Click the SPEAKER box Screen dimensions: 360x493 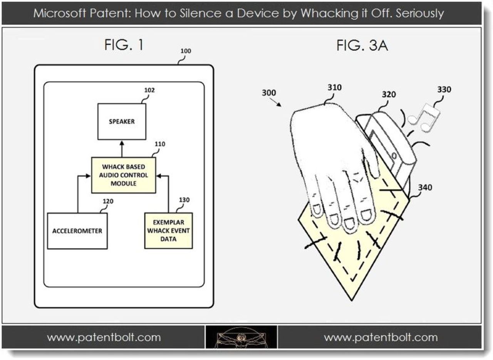click(x=121, y=121)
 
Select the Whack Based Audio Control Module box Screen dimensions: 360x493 click(x=124, y=175)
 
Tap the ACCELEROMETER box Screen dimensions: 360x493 click(x=77, y=231)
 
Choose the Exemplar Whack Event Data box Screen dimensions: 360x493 click(x=168, y=230)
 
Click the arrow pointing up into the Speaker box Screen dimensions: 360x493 click(x=122, y=148)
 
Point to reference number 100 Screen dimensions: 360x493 click(x=186, y=51)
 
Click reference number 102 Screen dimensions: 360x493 click(x=149, y=90)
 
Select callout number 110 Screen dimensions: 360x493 click(x=160, y=144)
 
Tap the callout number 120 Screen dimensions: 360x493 click(x=108, y=201)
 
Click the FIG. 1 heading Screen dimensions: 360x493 click(x=124, y=45)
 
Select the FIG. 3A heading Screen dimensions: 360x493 click(x=362, y=46)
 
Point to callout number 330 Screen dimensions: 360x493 click(x=444, y=89)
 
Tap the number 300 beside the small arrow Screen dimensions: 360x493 click(x=269, y=93)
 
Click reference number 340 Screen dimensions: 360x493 click(x=424, y=188)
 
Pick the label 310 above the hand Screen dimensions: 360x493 click(x=334, y=87)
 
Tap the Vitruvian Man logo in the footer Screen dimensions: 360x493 click(x=241, y=338)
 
